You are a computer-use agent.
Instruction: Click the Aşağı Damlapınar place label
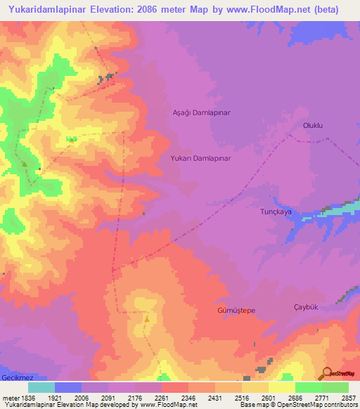point(202,112)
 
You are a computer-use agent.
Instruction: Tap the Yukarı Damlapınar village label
point(200,159)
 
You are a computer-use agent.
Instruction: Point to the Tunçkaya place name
point(276,212)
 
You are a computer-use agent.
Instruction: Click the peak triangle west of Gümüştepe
point(147,318)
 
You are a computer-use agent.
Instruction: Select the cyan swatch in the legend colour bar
point(41,388)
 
